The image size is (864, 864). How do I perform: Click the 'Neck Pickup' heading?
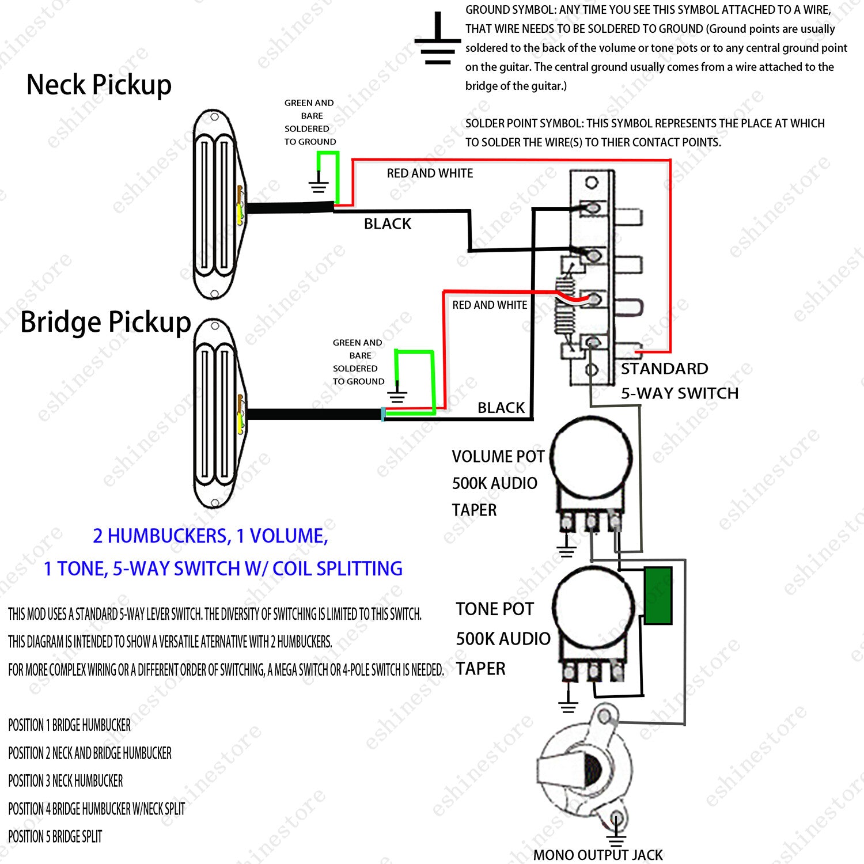(99, 85)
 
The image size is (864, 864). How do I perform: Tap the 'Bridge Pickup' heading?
(105, 322)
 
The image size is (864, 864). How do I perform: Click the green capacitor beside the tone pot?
(658, 596)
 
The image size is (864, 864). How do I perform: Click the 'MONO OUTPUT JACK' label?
(598, 855)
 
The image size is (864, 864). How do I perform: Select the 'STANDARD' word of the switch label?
(664, 369)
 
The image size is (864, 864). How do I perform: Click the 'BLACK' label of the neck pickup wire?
(388, 223)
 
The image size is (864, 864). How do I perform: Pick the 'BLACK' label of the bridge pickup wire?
(501, 408)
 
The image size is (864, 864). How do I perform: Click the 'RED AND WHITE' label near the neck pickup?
(430, 173)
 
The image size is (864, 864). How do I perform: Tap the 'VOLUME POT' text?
(498, 457)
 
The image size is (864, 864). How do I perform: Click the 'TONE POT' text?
(495, 609)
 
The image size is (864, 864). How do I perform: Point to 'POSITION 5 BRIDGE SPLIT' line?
(55, 836)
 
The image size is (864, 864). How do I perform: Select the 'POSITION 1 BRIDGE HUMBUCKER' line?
(69, 725)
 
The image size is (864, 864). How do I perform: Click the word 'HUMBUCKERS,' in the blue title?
(169, 536)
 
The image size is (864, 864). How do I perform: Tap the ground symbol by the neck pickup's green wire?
(318, 183)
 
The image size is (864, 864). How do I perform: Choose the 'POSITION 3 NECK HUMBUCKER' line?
(65, 780)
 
